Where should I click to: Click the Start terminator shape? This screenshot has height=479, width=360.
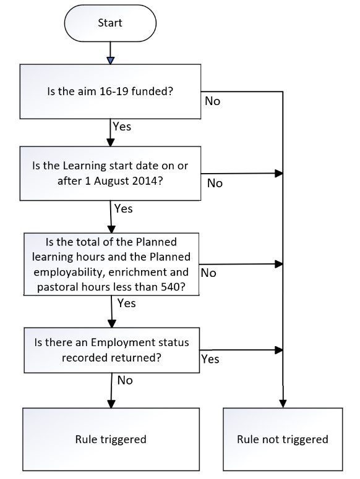point(110,23)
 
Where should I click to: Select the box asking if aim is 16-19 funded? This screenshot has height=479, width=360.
point(110,91)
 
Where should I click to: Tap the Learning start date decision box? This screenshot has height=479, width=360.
point(110,173)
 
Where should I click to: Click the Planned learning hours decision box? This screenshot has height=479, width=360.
point(111,265)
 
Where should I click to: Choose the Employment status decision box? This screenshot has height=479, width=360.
point(111,350)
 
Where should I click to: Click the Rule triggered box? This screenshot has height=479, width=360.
point(111,439)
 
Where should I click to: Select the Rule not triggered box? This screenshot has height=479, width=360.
point(283,439)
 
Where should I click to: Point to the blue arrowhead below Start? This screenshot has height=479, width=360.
point(110,61)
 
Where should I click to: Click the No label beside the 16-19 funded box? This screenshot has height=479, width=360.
point(212,101)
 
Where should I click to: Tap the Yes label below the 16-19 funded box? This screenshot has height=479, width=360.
point(122,127)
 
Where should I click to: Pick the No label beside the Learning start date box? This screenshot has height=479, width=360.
point(215,184)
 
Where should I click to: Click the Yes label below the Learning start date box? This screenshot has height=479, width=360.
point(124,209)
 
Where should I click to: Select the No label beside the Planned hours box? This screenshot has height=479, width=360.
point(208,273)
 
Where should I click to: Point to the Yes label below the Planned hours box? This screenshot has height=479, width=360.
point(127,303)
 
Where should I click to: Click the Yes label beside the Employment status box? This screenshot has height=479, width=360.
point(210,359)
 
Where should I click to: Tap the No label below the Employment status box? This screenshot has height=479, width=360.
point(125,381)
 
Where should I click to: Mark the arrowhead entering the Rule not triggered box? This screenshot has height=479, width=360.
point(283,404)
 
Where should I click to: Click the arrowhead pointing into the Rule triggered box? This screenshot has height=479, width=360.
point(111,404)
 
